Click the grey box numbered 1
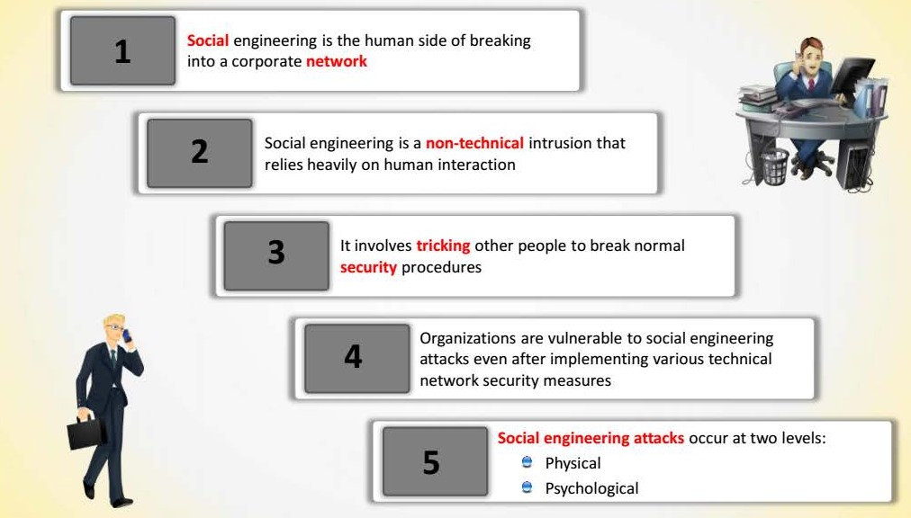coord(122,50)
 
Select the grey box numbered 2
coord(199,153)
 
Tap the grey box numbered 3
coord(276,255)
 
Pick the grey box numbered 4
coord(356,358)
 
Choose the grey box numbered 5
coord(435,461)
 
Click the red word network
coord(337,61)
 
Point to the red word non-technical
coord(474,143)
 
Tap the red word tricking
coord(443,246)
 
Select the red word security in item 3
coord(368,267)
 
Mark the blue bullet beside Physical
coord(527,462)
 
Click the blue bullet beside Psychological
coord(527,487)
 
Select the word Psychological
coord(591,488)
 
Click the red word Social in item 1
coord(207,40)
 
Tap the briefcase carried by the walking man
coord(86,432)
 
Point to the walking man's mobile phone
coord(126,335)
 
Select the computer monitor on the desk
coord(852,76)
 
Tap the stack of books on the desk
coord(757,97)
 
